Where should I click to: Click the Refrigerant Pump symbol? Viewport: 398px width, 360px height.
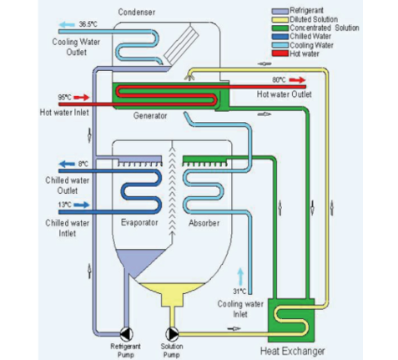click(127, 334)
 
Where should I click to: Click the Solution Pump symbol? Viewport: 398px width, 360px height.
click(172, 334)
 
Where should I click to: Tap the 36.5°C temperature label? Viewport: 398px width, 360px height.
click(88, 24)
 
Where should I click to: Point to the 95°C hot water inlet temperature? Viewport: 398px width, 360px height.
click(64, 98)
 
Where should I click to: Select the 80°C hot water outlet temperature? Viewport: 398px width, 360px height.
click(279, 80)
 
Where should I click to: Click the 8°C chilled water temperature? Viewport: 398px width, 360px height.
click(83, 164)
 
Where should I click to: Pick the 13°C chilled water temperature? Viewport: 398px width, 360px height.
click(64, 205)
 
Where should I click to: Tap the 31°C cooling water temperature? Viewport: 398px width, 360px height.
click(239, 292)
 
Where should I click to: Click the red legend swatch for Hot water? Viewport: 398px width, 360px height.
click(280, 53)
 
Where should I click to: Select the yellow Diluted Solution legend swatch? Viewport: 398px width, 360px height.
click(280, 19)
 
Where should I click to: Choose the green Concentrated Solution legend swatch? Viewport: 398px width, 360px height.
click(280, 28)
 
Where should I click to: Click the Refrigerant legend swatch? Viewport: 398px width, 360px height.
click(280, 11)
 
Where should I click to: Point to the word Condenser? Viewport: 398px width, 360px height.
click(137, 12)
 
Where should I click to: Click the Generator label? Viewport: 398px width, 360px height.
click(150, 115)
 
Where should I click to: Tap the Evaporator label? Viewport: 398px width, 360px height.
click(139, 223)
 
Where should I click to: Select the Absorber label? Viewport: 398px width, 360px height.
click(204, 223)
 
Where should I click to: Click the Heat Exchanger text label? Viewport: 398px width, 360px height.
click(292, 352)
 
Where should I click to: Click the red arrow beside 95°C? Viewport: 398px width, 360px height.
click(82, 98)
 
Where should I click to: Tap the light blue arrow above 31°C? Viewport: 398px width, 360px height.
click(240, 276)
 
